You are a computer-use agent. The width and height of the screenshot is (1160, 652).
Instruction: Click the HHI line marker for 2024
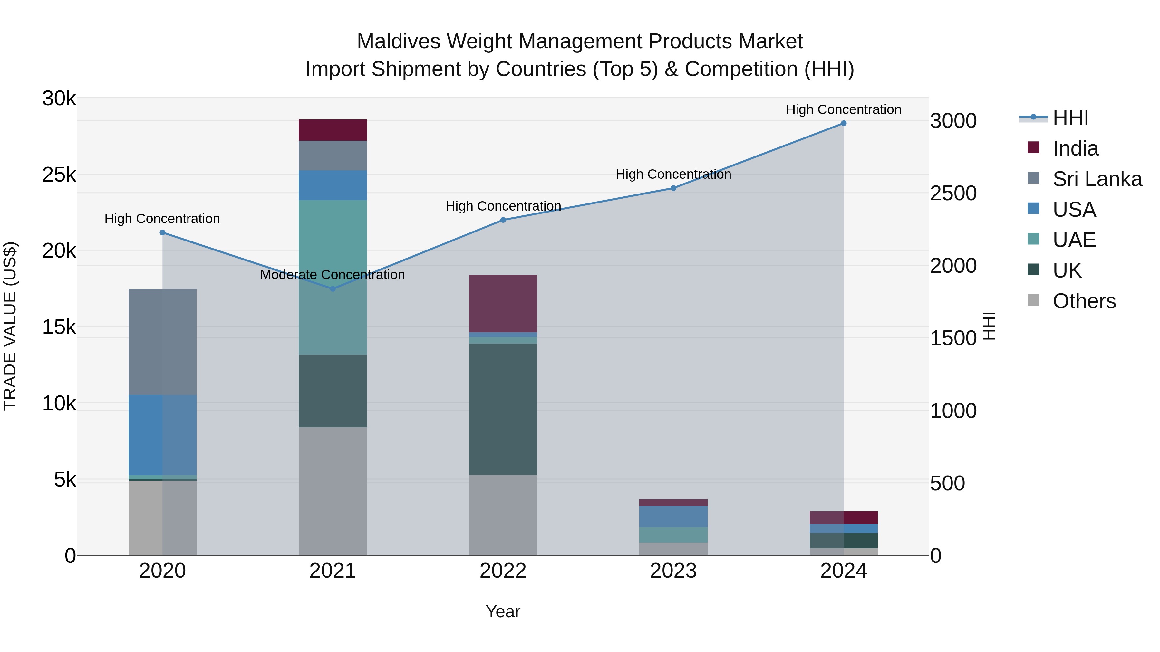[x=844, y=123]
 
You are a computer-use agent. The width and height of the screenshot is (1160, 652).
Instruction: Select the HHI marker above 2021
[x=333, y=289]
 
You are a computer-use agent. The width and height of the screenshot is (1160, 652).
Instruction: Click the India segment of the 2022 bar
[x=503, y=304]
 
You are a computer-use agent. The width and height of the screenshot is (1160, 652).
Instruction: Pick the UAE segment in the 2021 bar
[x=333, y=277]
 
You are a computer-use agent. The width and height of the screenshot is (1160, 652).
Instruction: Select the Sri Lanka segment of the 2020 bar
[x=163, y=342]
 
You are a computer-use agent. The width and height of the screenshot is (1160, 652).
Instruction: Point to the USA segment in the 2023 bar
[x=673, y=516]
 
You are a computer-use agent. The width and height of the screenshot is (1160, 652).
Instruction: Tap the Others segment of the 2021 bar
[x=333, y=491]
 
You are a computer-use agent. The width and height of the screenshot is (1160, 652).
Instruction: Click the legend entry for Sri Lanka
[x=1097, y=179]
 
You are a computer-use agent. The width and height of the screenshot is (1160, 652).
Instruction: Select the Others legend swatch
[x=1033, y=300]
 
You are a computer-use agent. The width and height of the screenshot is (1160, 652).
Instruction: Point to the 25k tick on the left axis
[x=59, y=175]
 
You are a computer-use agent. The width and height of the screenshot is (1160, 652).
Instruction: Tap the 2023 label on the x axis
[x=673, y=571]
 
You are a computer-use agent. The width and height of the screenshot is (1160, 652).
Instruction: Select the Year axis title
[x=503, y=611]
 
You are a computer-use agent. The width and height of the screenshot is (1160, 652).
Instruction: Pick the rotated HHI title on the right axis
[x=989, y=326]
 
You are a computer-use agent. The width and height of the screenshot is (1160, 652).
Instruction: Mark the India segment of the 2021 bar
[x=333, y=130]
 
